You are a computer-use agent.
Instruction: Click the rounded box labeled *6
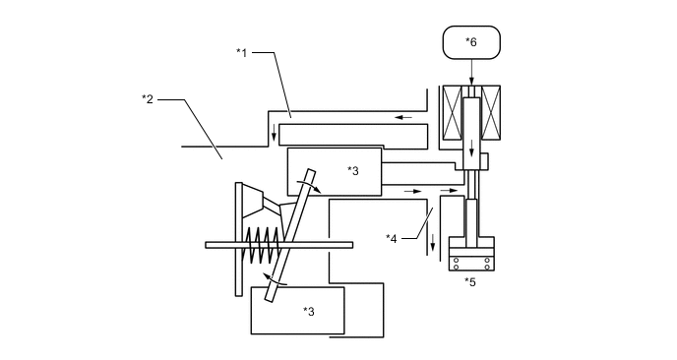click(471, 42)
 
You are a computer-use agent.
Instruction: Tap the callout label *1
click(241, 51)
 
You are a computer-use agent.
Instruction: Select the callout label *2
click(148, 98)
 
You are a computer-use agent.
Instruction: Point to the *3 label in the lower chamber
click(308, 311)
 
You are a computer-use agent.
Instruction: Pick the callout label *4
click(392, 237)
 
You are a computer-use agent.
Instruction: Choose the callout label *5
click(470, 282)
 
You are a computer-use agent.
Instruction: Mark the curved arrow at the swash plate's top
click(314, 184)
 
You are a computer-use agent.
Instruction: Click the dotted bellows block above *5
click(470, 261)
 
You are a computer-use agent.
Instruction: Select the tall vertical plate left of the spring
click(238, 238)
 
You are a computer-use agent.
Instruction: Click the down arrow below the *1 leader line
click(275, 133)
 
